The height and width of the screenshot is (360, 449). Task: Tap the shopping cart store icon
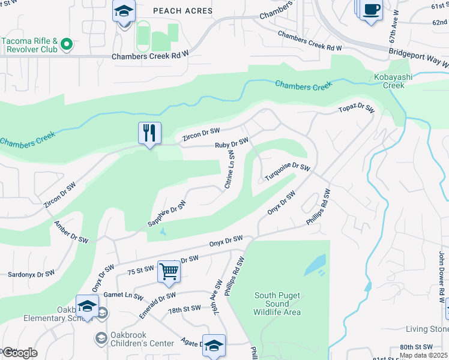(x=169, y=271)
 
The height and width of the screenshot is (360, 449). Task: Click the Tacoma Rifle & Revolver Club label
(x=33, y=45)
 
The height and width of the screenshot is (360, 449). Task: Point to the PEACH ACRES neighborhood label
(x=182, y=11)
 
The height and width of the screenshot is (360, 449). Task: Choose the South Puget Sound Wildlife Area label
(x=277, y=304)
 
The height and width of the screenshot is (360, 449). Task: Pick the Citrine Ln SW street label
(x=230, y=169)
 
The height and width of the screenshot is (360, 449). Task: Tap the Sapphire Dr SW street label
(x=167, y=214)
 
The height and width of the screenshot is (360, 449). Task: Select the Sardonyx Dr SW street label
(x=31, y=274)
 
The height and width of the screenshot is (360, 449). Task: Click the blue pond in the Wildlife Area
(x=315, y=265)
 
